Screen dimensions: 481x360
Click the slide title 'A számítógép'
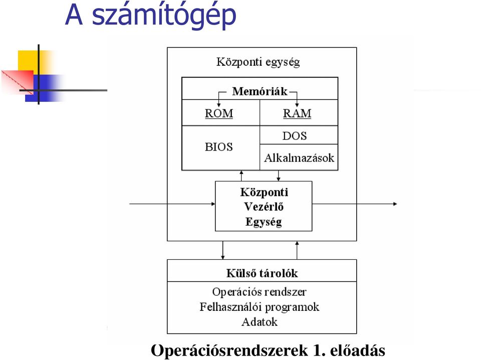pos(151,16)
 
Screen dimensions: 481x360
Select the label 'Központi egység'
pos(258,62)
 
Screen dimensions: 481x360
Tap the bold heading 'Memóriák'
pos(260,91)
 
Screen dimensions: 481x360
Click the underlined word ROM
pos(219,113)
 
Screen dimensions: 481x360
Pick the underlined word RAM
pos(297,113)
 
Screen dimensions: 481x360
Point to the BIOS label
pos(219,147)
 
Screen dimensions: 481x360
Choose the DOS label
pos(295,136)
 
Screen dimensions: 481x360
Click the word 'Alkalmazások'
pos(299,158)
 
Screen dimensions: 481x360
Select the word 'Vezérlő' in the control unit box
pos(264,207)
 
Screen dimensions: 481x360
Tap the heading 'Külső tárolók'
pos(262,273)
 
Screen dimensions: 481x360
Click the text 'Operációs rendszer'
pos(259,292)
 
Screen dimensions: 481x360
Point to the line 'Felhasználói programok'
pos(259,307)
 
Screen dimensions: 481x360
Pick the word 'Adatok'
pos(259,322)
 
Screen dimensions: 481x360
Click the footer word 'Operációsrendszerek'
pos(229,350)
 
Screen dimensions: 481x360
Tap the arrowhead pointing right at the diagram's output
pos(395,204)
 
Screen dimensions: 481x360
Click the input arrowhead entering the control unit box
pos(213,204)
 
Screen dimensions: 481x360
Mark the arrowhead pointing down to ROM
pos(219,105)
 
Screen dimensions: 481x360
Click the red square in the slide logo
pos(18,82)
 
